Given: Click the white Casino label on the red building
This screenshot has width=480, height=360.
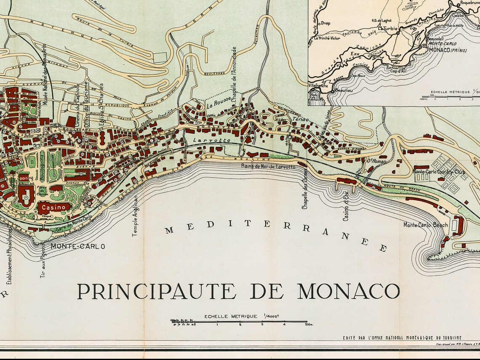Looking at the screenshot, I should pyautogui.click(x=53, y=207).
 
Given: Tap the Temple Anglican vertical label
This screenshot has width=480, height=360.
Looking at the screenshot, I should pyautogui.click(x=135, y=215).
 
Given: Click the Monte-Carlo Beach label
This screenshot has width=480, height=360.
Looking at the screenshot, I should pyautogui.click(x=426, y=225).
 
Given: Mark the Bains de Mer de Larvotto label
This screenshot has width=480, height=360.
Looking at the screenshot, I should pyautogui.click(x=268, y=167).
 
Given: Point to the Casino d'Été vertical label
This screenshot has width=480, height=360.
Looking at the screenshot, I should pyautogui.click(x=346, y=206).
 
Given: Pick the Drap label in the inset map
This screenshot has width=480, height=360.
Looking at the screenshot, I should pyautogui.click(x=325, y=23).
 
